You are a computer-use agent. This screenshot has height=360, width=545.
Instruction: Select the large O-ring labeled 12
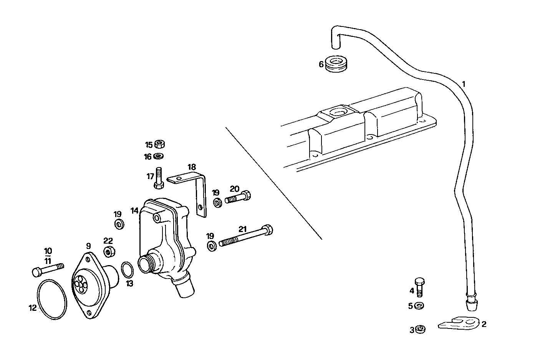(x=52, y=299)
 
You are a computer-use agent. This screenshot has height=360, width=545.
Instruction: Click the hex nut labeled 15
(x=160, y=144)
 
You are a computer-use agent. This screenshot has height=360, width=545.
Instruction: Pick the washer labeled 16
(x=158, y=156)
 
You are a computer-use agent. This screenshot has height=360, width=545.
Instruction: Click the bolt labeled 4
(x=420, y=287)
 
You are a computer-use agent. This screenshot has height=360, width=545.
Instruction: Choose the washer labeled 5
(x=420, y=306)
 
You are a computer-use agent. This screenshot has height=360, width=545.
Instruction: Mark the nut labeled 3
(x=421, y=329)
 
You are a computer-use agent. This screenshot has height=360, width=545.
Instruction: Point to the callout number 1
(x=464, y=84)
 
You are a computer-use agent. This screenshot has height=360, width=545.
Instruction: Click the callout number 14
(x=134, y=211)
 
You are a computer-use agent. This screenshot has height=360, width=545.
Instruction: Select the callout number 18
(x=192, y=167)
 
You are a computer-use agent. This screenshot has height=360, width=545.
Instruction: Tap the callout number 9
(x=88, y=246)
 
